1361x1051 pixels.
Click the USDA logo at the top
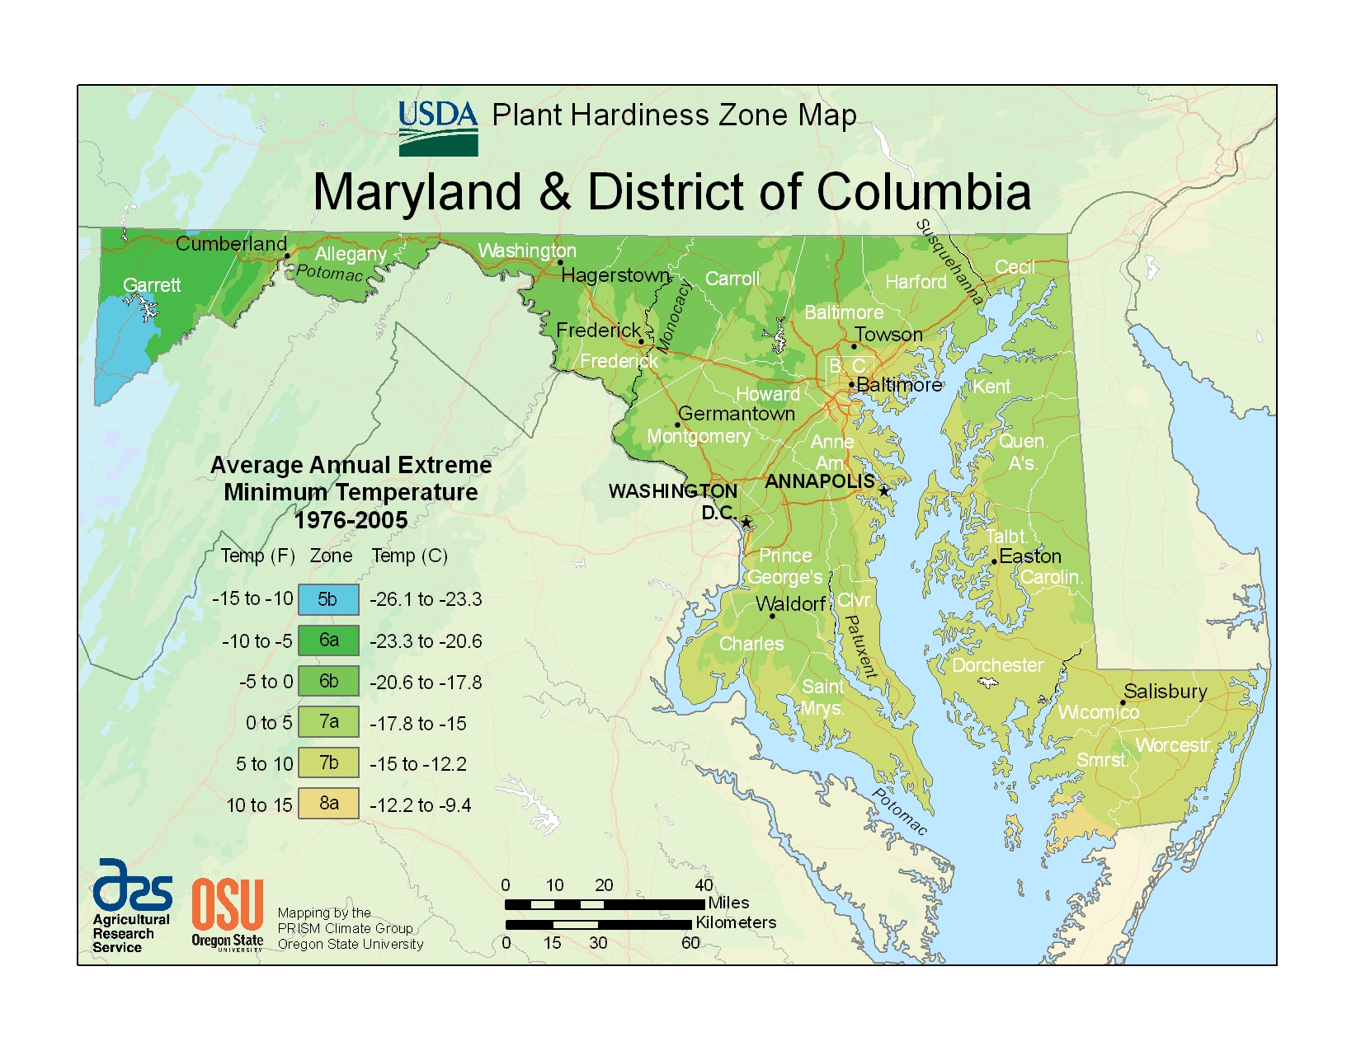tap(438, 129)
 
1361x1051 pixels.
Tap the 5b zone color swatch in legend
tap(328, 599)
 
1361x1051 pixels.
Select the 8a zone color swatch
tap(328, 803)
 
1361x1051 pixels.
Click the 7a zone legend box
tap(328, 721)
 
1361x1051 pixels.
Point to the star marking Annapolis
tap(884, 490)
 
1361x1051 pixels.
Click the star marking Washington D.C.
tap(746, 522)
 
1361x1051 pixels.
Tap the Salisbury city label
tap(1165, 691)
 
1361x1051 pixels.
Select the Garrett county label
tap(152, 285)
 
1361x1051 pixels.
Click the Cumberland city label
tap(231, 243)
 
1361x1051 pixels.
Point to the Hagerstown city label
tap(615, 274)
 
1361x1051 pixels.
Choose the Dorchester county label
tap(997, 664)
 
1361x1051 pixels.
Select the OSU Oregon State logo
tap(228, 914)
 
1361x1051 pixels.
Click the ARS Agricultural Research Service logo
tap(132, 906)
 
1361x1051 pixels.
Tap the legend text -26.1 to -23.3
tap(426, 599)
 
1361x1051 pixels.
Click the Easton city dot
tap(994, 561)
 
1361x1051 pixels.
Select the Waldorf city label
tap(790, 604)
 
